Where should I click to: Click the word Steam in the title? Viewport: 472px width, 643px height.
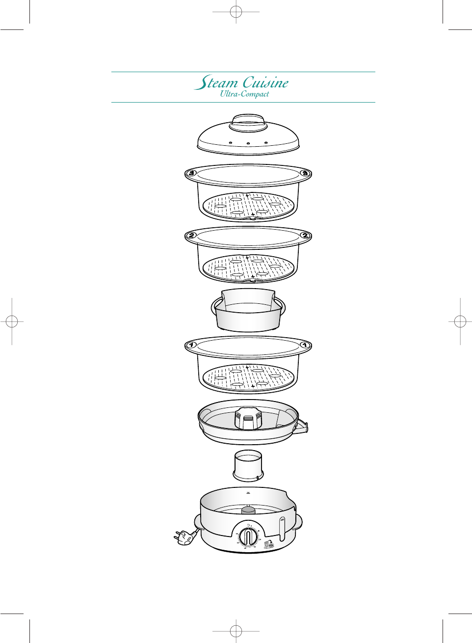pyautogui.click(x=216, y=83)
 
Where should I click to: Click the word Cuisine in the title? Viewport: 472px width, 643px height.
pyautogui.click(x=265, y=82)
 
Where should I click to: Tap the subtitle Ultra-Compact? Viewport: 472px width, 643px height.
pyautogui.click(x=244, y=94)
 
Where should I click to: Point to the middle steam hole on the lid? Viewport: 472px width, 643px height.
pyautogui.click(x=248, y=143)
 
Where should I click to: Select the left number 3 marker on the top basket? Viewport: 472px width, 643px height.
pyautogui.click(x=192, y=173)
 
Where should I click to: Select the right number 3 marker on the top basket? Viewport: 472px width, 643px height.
pyautogui.click(x=305, y=173)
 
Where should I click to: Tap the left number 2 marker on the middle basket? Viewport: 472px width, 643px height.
pyautogui.click(x=192, y=236)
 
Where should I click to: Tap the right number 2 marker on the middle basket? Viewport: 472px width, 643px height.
pyautogui.click(x=305, y=236)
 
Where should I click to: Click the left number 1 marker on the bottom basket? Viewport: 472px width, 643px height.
pyautogui.click(x=192, y=345)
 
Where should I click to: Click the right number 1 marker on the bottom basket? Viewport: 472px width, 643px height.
pyautogui.click(x=305, y=345)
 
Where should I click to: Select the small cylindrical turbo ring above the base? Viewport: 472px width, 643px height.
pyautogui.click(x=248, y=465)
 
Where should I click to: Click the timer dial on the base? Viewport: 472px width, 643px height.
pyautogui.click(x=248, y=536)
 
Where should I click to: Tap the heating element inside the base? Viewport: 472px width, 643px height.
pyautogui.click(x=248, y=510)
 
